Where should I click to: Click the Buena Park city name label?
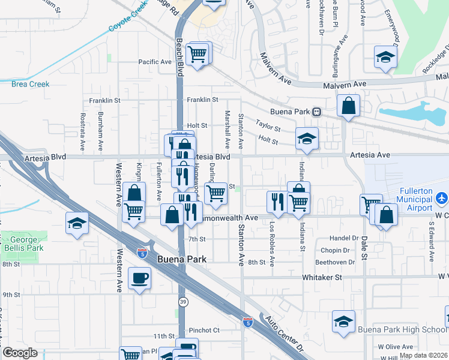181,259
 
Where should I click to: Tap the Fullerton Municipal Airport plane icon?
442,197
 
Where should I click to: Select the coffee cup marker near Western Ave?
139,278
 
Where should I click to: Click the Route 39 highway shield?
182,299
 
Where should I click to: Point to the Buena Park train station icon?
315,112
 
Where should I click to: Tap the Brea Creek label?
30,84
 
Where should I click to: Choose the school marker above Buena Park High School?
344,322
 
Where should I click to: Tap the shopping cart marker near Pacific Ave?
197,55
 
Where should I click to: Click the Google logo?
20,353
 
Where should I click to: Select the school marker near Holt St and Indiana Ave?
307,140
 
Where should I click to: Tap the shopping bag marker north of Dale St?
348,107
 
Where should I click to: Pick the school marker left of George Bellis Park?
77,224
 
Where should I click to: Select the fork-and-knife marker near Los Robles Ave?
277,202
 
